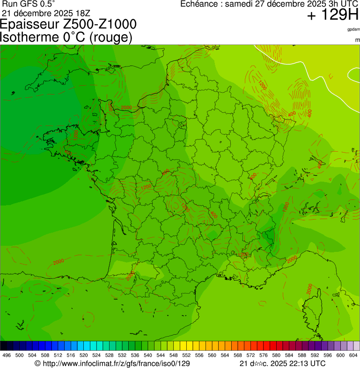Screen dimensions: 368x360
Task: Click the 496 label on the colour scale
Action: tap(7, 355)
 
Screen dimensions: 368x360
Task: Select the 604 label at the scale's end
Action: tap(353, 355)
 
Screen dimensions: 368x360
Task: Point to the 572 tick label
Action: tap(251, 355)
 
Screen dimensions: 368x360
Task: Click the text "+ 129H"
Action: tap(332, 15)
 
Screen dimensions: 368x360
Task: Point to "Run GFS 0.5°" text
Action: tap(28, 4)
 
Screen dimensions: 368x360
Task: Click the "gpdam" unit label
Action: tap(353, 29)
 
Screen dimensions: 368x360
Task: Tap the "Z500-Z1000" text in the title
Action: tap(103, 24)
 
